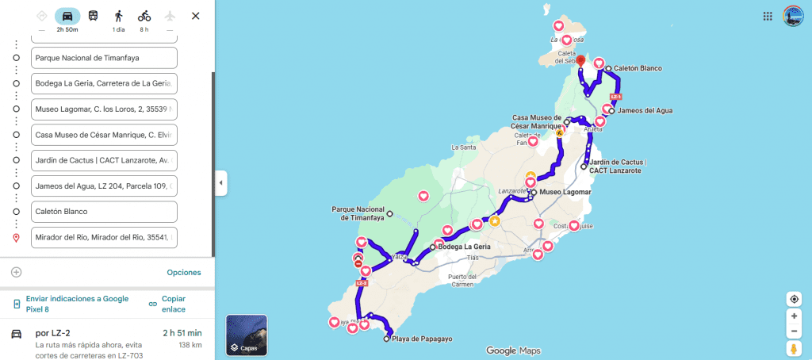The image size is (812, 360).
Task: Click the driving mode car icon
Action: click(x=67, y=16)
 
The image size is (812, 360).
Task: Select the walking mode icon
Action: click(x=118, y=16)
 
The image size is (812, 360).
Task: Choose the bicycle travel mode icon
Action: click(x=144, y=16)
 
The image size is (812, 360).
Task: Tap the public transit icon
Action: click(x=93, y=16)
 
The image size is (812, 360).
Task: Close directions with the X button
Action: click(x=196, y=16)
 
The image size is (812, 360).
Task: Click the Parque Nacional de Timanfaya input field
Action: click(x=104, y=58)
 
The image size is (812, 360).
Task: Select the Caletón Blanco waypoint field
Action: click(x=104, y=212)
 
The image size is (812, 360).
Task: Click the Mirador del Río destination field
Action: click(x=104, y=237)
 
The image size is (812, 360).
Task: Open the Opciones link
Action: click(x=183, y=272)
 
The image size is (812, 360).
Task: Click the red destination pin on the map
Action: click(x=580, y=61)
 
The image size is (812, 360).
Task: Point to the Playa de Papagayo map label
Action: click(x=420, y=339)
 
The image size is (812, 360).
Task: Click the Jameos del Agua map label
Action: click(x=644, y=110)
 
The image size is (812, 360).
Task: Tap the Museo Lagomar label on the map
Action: click(x=565, y=192)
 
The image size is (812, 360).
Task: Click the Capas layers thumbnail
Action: click(x=247, y=335)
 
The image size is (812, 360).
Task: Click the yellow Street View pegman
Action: click(x=794, y=348)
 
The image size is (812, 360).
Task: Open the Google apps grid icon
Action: click(x=768, y=16)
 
